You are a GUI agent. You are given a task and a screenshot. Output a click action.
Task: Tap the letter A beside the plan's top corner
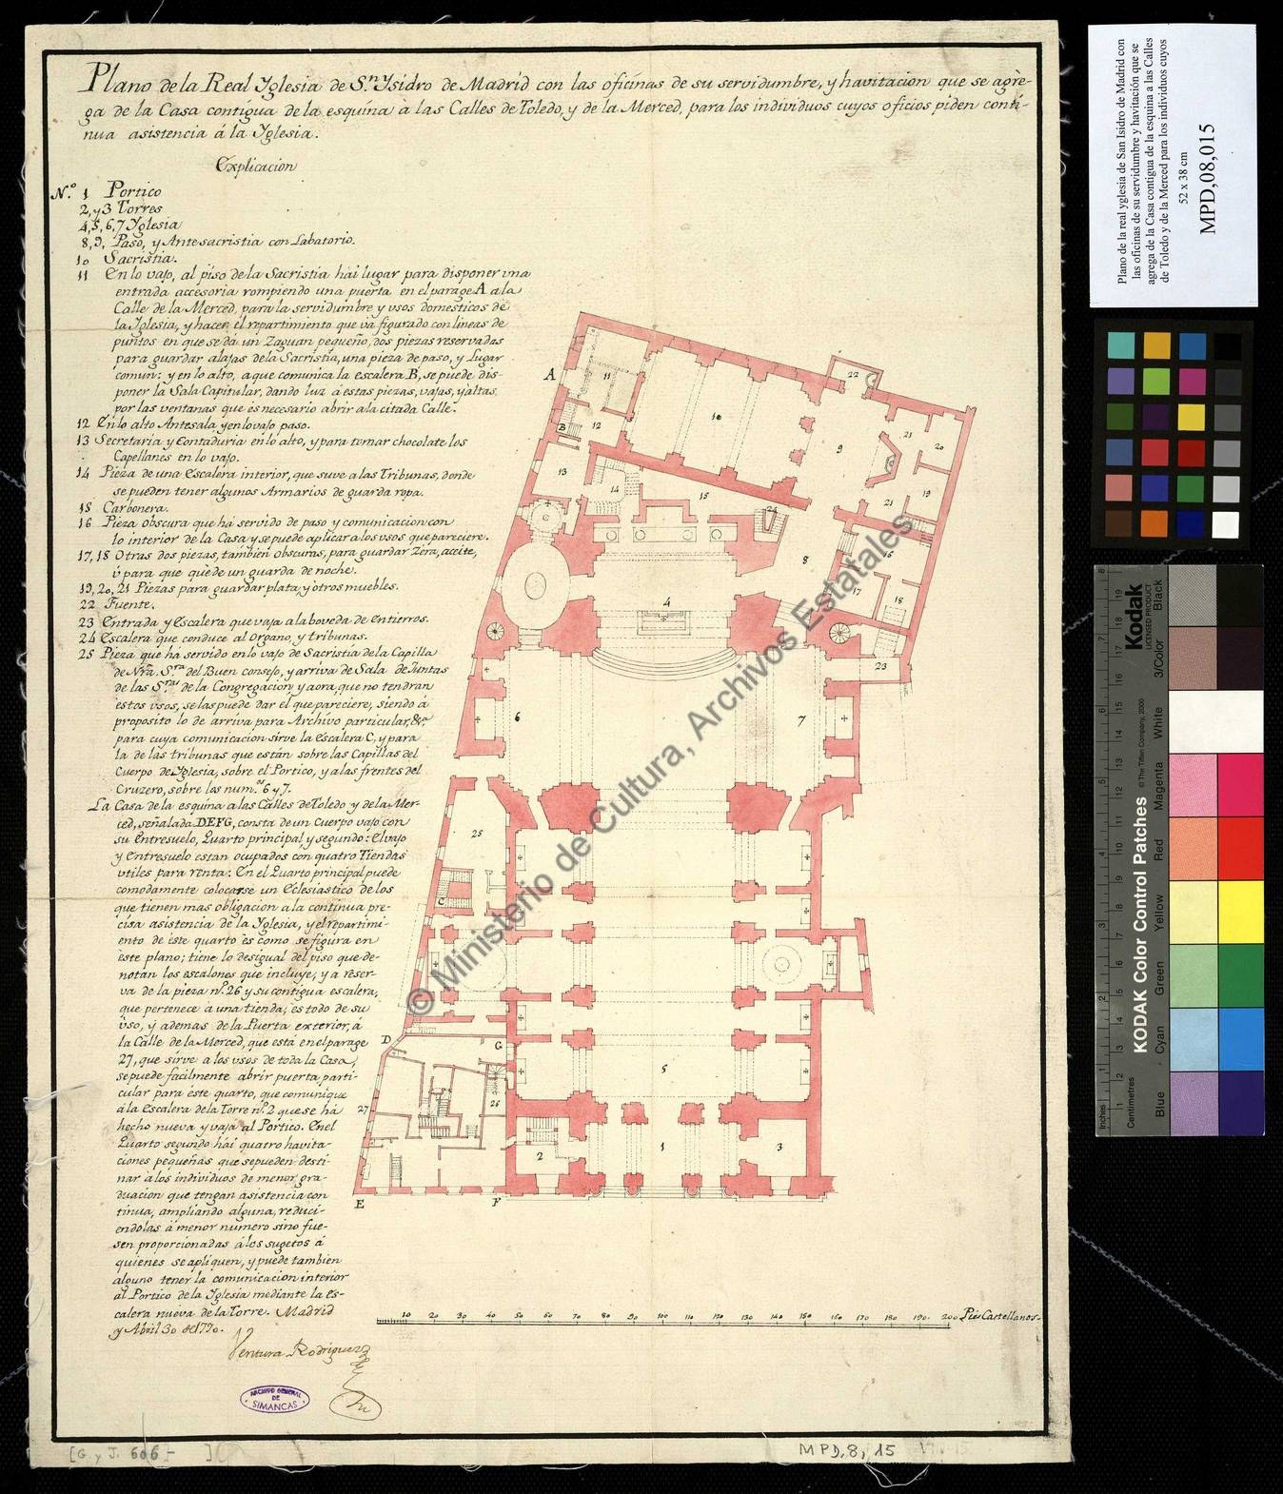coord(549,375)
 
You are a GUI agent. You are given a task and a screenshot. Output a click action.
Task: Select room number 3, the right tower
coord(778,1148)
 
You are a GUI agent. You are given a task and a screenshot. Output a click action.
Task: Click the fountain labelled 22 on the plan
coord(854,375)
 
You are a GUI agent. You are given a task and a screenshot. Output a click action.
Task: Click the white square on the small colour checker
coord(1229,524)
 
